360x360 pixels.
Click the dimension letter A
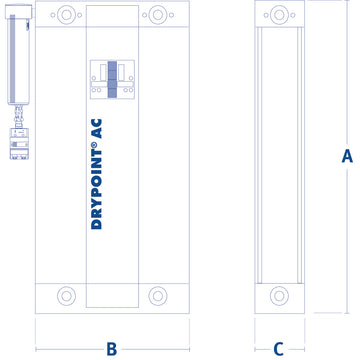pyautogui.click(x=347, y=155)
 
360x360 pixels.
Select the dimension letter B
pyautogui.click(x=112, y=348)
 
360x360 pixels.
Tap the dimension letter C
pyautogui.click(x=279, y=348)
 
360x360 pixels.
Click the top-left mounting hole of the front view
pyautogui.click(x=66, y=16)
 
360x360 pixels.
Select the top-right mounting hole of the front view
pyautogui.click(x=158, y=16)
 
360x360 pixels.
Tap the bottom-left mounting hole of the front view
pyautogui.click(x=66, y=296)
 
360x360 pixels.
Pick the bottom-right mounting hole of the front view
pyautogui.click(x=158, y=296)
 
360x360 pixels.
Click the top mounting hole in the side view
pyautogui.click(x=279, y=16)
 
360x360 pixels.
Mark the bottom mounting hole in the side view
pyautogui.click(x=279, y=296)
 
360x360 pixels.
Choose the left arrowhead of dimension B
pyautogui.click(x=38, y=349)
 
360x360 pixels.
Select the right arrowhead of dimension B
pyautogui.click(x=187, y=349)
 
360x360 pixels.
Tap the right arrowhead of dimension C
pyautogui.click(x=301, y=349)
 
